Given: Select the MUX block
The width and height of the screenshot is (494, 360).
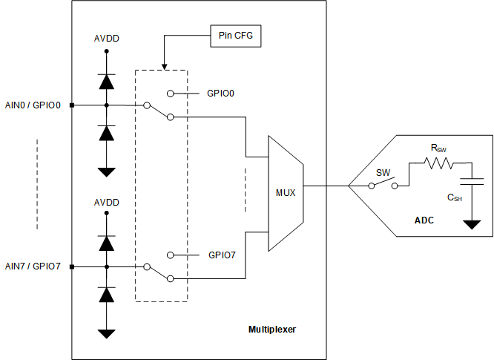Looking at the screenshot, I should click(x=285, y=193).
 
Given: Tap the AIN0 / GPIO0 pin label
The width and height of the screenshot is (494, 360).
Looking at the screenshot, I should click(x=33, y=105).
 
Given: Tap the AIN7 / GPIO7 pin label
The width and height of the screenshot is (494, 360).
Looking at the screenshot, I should click(x=33, y=266).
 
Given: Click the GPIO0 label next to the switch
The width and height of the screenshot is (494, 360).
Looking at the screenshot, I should click(x=222, y=94).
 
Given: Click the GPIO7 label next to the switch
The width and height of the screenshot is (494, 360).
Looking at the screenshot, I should click(x=222, y=255).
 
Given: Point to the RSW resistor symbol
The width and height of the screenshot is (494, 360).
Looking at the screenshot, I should click(x=438, y=166).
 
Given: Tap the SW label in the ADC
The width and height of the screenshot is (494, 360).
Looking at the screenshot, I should click(x=383, y=172).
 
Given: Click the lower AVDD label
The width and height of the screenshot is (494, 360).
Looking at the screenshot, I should click(x=107, y=202).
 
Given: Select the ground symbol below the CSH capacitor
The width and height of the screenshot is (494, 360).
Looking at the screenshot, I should click(x=472, y=224).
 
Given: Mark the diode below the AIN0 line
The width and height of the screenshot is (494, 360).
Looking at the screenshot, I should click(x=107, y=133).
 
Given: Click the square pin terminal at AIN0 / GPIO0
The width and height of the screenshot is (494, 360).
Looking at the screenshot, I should click(x=71, y=105).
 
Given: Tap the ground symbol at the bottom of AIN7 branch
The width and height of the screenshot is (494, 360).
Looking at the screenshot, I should click(x=107, y=333).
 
